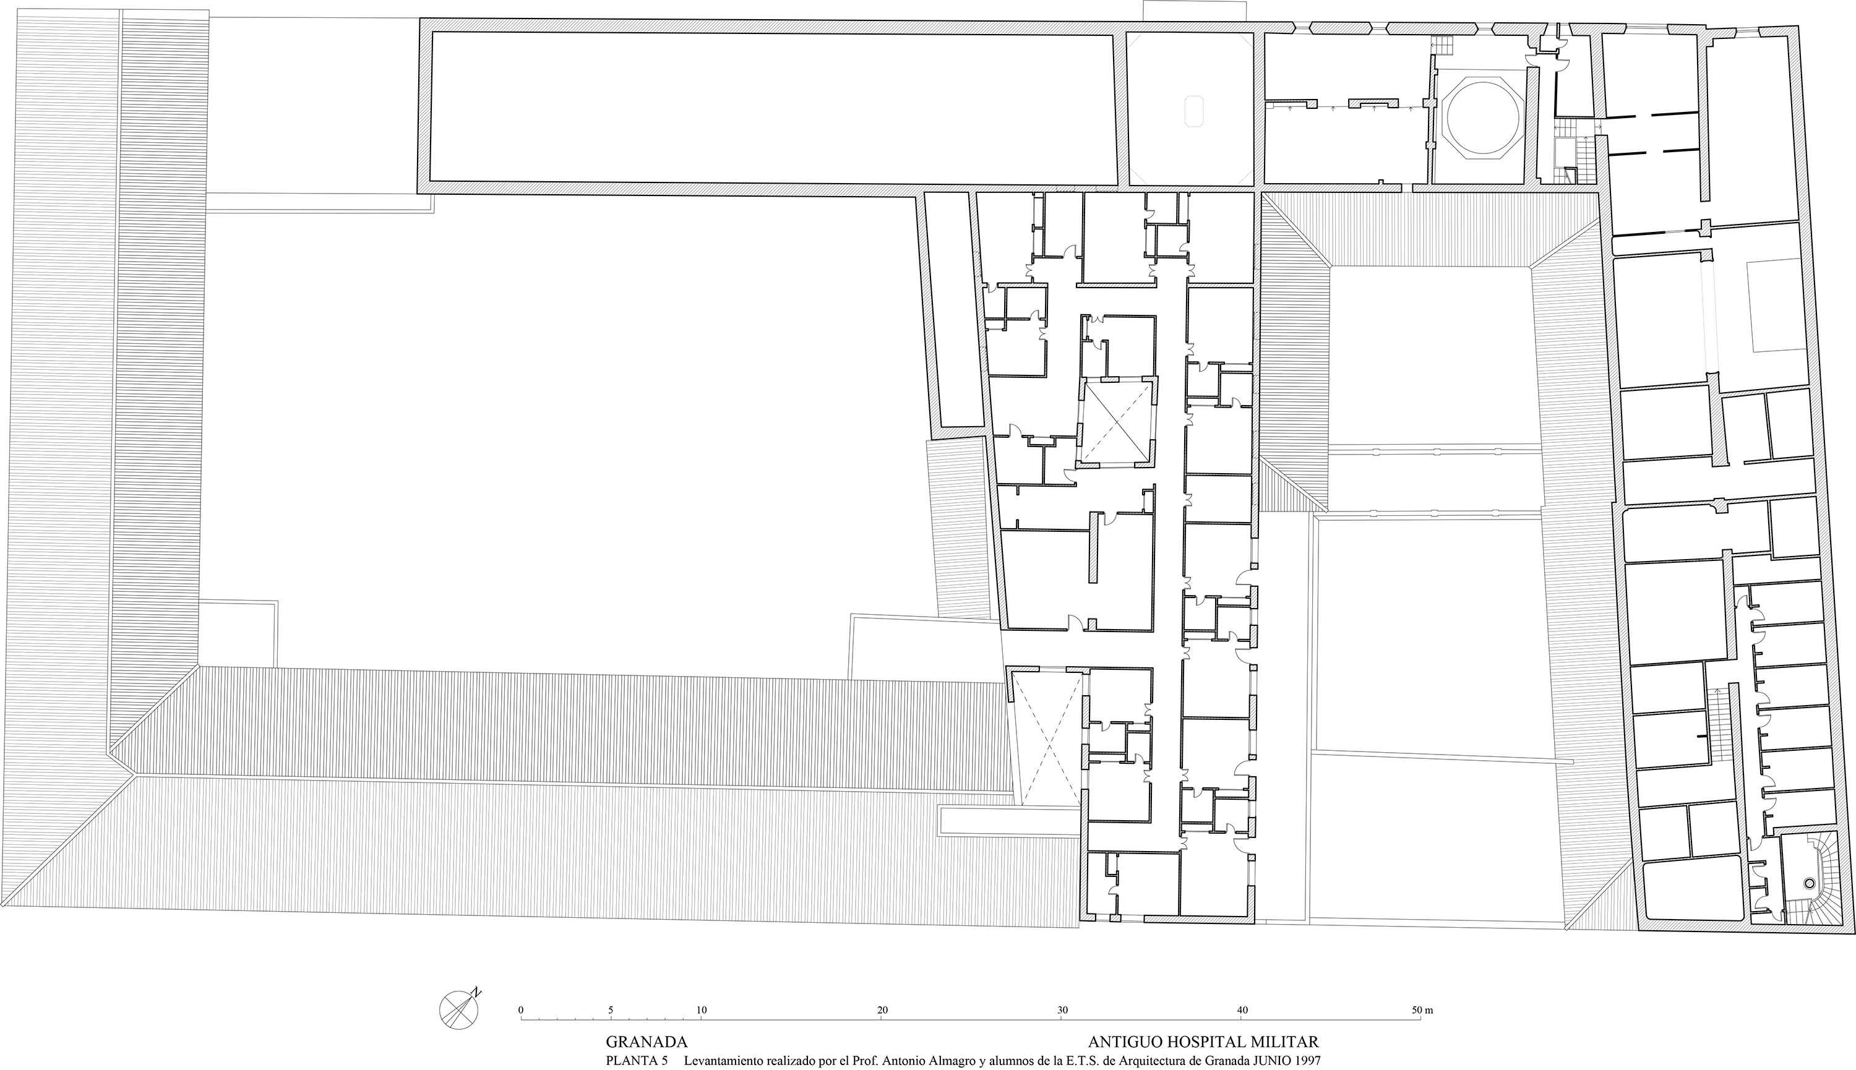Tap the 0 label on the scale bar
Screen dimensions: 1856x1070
point(521,1010)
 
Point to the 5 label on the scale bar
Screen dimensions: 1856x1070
point(611,1010)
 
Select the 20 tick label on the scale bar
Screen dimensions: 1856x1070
point(882,1010)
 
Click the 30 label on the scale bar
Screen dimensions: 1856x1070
point(1063,1010)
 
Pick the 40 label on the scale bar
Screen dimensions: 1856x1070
point(1243,1010)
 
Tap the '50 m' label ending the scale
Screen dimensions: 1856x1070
point(1423,1010)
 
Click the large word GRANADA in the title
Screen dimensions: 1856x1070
point(647,1042)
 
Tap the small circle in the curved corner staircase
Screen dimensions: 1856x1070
point(1810,884)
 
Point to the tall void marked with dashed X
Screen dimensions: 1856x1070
point(1047,739)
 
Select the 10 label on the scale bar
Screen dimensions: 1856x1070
point(701,1010)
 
